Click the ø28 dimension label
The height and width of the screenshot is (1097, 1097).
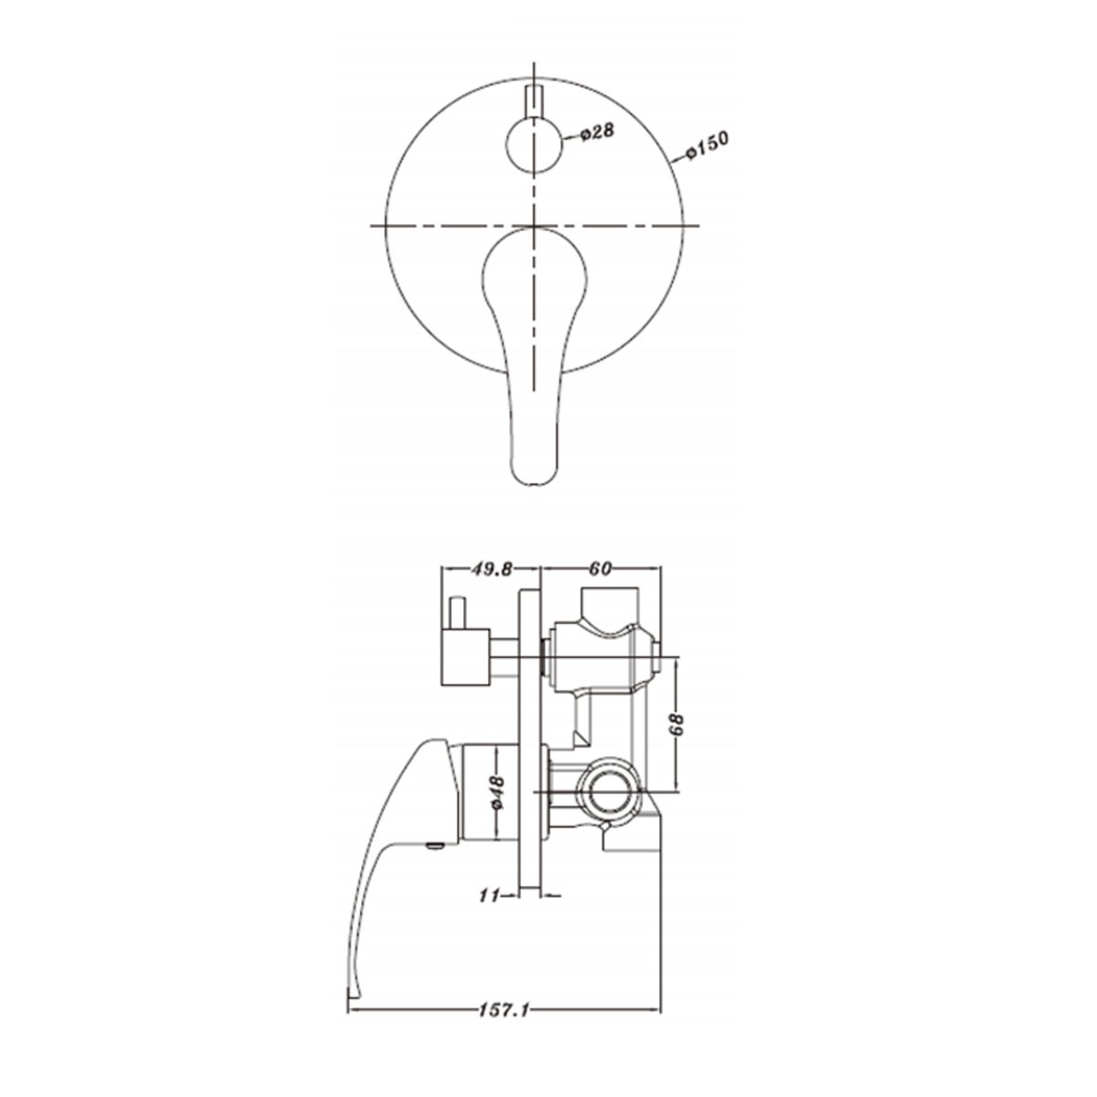[597, 133]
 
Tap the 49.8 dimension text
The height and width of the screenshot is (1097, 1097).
[491, 569]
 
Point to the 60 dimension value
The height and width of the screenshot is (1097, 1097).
[600, 569]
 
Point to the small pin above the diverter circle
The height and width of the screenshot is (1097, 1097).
[533, 100]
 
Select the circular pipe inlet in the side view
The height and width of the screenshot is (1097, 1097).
[606, 789]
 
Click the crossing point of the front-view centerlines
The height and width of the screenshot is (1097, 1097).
[533, 224]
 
